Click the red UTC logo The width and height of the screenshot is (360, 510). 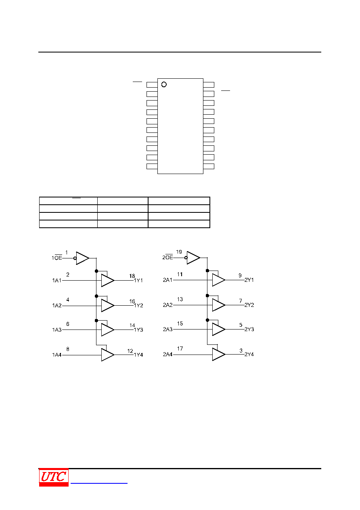click(x=54, y=477)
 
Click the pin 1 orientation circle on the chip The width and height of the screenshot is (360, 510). click(x=164, y=84)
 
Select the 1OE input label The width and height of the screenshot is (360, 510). click(x=57, y=258)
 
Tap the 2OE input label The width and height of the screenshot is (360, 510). click(x=167, y=257)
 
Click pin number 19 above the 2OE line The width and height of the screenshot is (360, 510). click(x=179, y=252)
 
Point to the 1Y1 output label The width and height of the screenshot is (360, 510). click(x=138, y=280)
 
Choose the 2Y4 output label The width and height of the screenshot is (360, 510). click(x=249, y=354)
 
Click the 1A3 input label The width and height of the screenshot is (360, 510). click(x=57, y=330)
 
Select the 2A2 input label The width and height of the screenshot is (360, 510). click(x=168, y=305)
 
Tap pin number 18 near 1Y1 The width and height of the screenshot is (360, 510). click(x=132, y=276)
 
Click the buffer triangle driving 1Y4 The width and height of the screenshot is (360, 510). click(x=108, y=355)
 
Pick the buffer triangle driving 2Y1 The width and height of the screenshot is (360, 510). click(x=219, y=280)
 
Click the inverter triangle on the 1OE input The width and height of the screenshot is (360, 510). click(x=82, y=258)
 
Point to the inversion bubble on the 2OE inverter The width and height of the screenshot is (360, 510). click(x=186, y=258)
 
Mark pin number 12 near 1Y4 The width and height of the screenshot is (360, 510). click(x=130, y=351)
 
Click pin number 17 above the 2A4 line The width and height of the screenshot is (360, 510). click(x=180, y=348)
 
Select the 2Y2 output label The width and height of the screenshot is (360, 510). click(x=249, y=305)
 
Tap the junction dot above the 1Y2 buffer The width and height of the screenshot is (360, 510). click(x=96, y=296)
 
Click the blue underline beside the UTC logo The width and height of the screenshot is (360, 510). click(x=99, y=483)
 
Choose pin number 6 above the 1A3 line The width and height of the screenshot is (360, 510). click(x=67, y=324)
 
